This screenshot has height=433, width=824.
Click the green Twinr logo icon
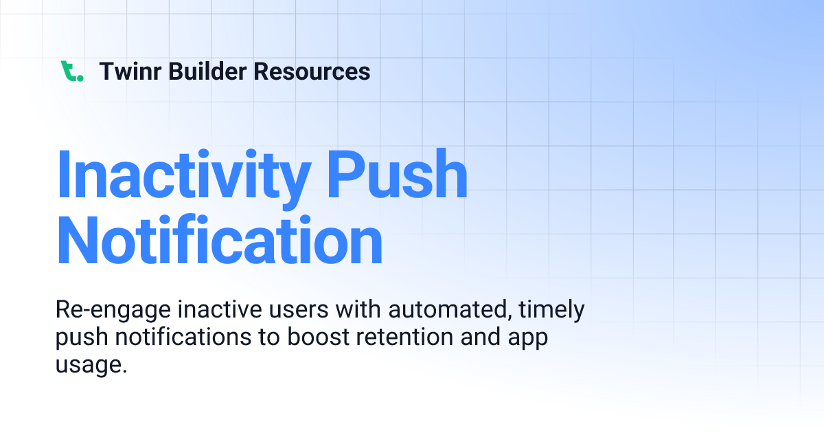coord(71,71)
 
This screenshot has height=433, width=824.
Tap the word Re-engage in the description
coord(112,310)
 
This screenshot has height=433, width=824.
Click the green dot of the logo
coord(80,78)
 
